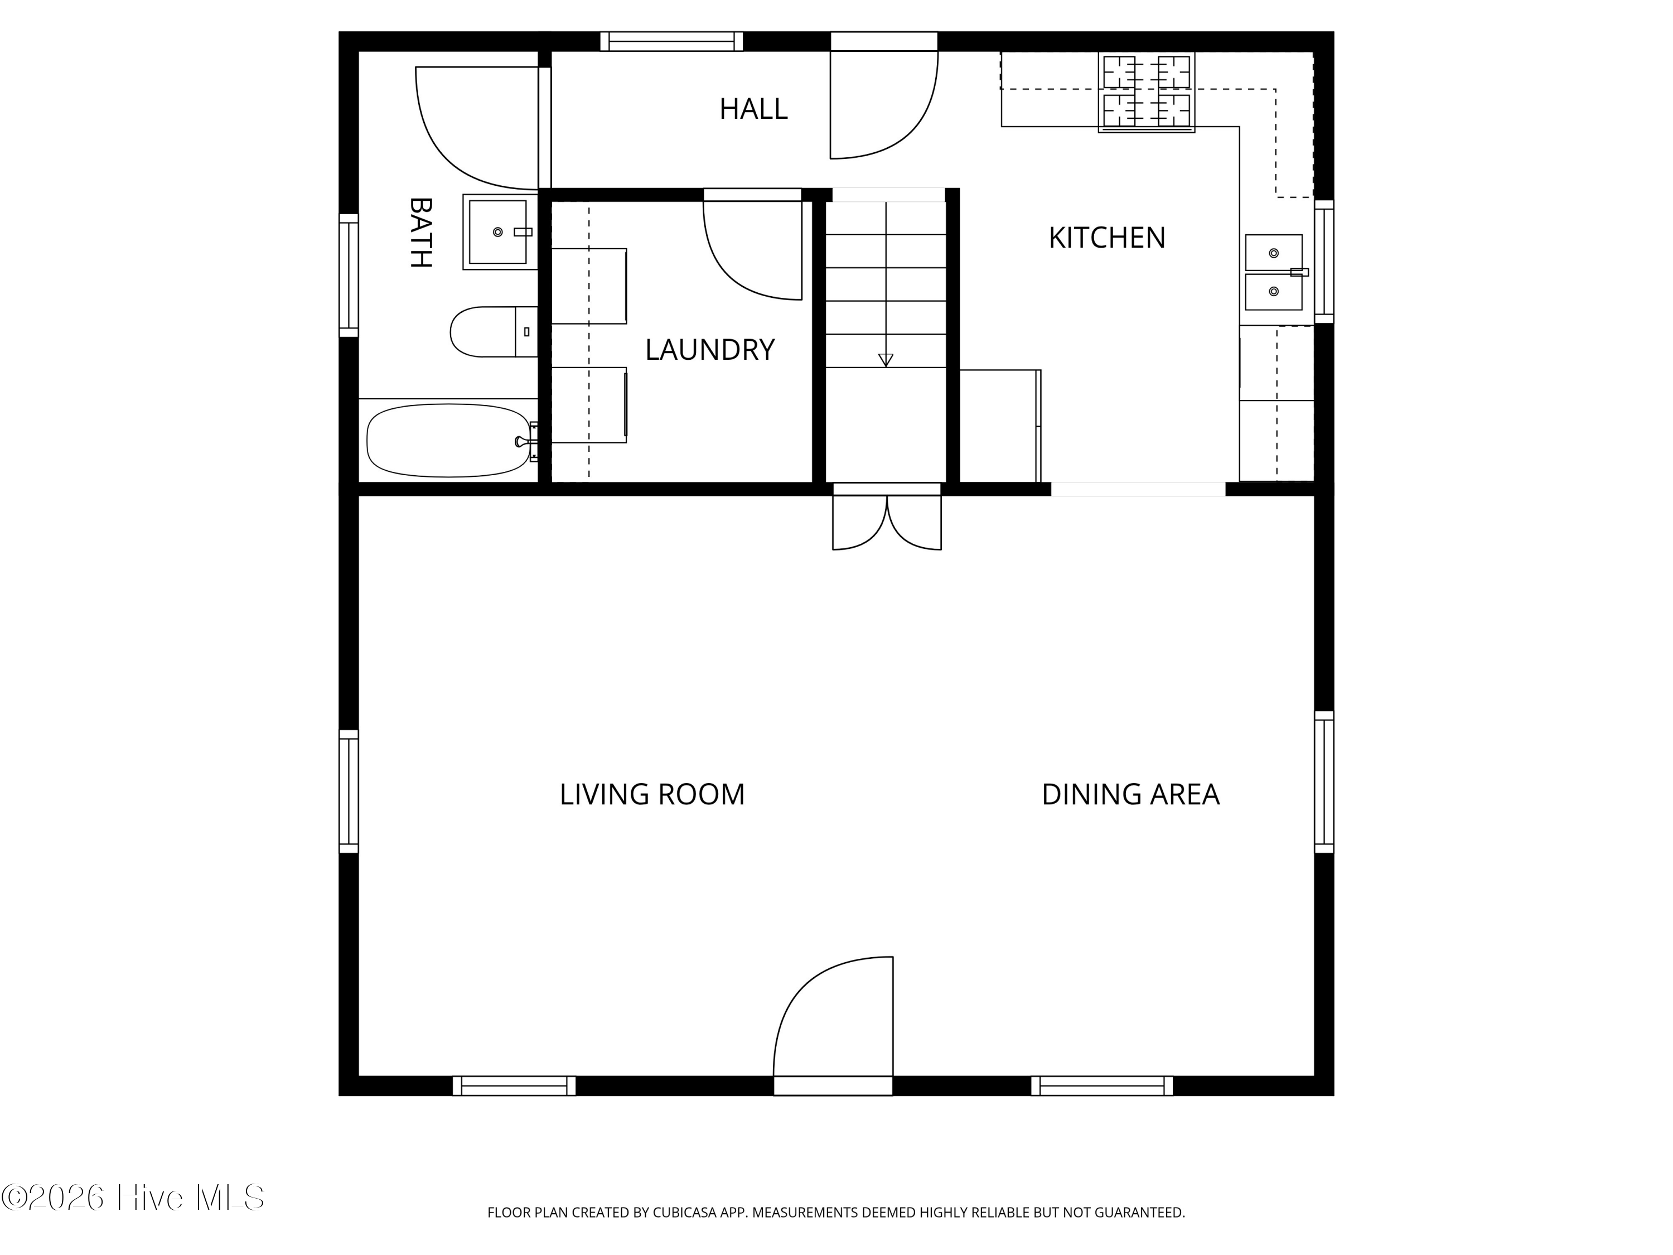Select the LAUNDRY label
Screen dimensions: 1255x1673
pos(709,350)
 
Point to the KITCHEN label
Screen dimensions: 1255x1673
pos(1106,238)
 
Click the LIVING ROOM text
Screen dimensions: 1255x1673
pos(652,794)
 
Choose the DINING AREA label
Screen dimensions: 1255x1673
pos(1130,794)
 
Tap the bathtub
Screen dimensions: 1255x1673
pos(448,440)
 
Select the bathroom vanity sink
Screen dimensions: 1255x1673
pos(497,231)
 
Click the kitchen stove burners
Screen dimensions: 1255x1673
pos(1146,91)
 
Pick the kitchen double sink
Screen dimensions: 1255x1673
pos(1274,272)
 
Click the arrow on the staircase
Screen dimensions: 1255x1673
pos(886,360)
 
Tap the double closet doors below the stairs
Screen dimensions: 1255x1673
pos(887,524)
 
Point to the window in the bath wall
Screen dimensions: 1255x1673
pos(348,276)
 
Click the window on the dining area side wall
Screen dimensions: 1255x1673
pos(1323,781)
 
